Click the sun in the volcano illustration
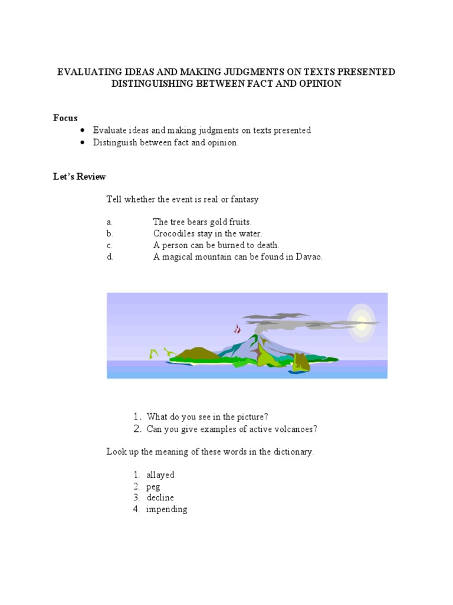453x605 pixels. coord(361,320)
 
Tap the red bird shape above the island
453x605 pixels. coord(237,328)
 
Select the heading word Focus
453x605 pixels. coord(65,118)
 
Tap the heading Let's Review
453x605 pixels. coord(80,177)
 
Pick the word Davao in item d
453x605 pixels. coord(308,257)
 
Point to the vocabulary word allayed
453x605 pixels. coord(160,474)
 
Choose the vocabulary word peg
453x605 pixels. coord(153,486)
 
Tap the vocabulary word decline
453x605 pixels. coord(160,497)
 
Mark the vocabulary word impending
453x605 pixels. coord(167,509)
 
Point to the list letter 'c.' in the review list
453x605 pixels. coord(109,245)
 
